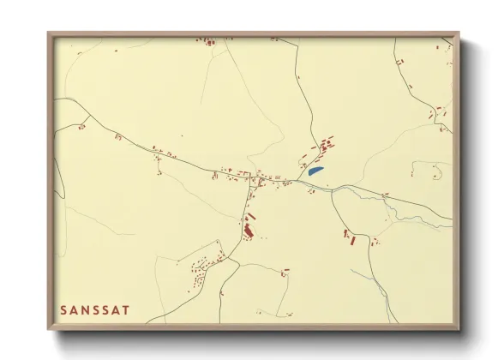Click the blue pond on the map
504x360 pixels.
[315, 171]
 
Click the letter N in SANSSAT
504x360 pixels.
[85, 309]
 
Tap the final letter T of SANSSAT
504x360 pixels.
[127, 309]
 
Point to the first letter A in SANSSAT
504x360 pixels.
[75, 309]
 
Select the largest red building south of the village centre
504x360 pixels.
[249, 229]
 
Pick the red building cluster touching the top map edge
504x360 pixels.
[208, 40]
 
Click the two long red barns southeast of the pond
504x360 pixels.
[350, 237]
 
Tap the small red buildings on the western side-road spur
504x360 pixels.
[82, 127]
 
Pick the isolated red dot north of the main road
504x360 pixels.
[182, 135]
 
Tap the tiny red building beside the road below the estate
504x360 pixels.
[224, 296]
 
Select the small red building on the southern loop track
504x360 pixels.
[285, 273]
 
